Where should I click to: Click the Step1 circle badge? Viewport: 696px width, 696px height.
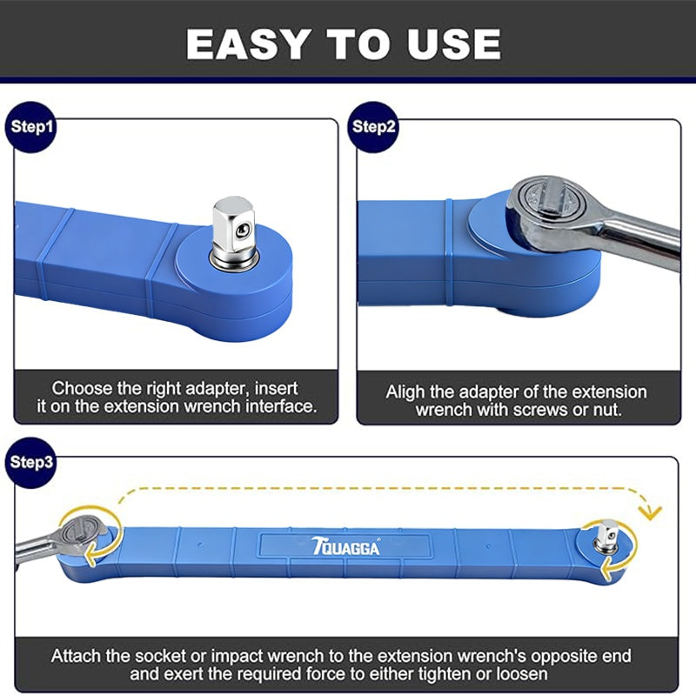coord(31,127)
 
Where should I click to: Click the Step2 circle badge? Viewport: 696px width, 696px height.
coord(373,127)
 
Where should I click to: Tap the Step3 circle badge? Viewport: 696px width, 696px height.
coord(31,463)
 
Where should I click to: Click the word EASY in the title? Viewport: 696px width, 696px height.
coord(247,44)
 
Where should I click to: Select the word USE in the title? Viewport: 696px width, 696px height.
coord(454,44)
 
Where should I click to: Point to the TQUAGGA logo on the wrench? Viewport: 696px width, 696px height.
coord(345,546)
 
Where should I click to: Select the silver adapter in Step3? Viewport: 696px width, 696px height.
coord(607,537)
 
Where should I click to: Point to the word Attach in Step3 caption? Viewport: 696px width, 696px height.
coord(76,656)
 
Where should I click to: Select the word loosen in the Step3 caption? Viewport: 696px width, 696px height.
coord(521,674)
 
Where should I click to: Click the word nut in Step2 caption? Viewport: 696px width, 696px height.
coord(607,410)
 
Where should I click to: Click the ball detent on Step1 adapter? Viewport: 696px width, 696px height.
coord(243,230)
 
